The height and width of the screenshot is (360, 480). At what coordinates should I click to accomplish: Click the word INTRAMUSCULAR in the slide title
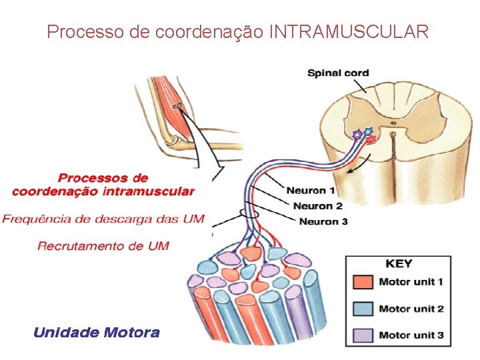[349, 31]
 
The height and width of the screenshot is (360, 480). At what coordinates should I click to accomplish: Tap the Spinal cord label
[338, 73]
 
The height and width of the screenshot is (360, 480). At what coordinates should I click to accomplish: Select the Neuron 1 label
[306, 191]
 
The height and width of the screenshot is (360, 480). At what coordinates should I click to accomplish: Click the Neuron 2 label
[317, 206]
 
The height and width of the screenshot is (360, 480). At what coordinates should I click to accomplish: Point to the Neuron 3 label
[323, 221]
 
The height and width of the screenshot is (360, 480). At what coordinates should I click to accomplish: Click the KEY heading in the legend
[399, 264]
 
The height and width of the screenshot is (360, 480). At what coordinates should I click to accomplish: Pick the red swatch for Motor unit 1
[363, 283]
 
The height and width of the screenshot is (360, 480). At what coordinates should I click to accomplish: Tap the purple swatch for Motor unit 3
[363, 335]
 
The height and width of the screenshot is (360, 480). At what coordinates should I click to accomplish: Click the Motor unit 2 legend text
[411, 309]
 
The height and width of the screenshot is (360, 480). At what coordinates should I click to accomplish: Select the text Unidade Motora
[97, 333]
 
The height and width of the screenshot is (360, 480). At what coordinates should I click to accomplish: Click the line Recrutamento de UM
[103, 246]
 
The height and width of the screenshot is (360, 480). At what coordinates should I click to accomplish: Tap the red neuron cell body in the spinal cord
[371, 139]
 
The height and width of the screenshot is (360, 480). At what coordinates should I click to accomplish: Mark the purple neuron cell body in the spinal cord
[357, 135]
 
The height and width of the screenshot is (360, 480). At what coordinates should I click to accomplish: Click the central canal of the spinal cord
[393, 123]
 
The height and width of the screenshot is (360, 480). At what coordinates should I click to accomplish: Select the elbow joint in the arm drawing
[171, 141]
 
